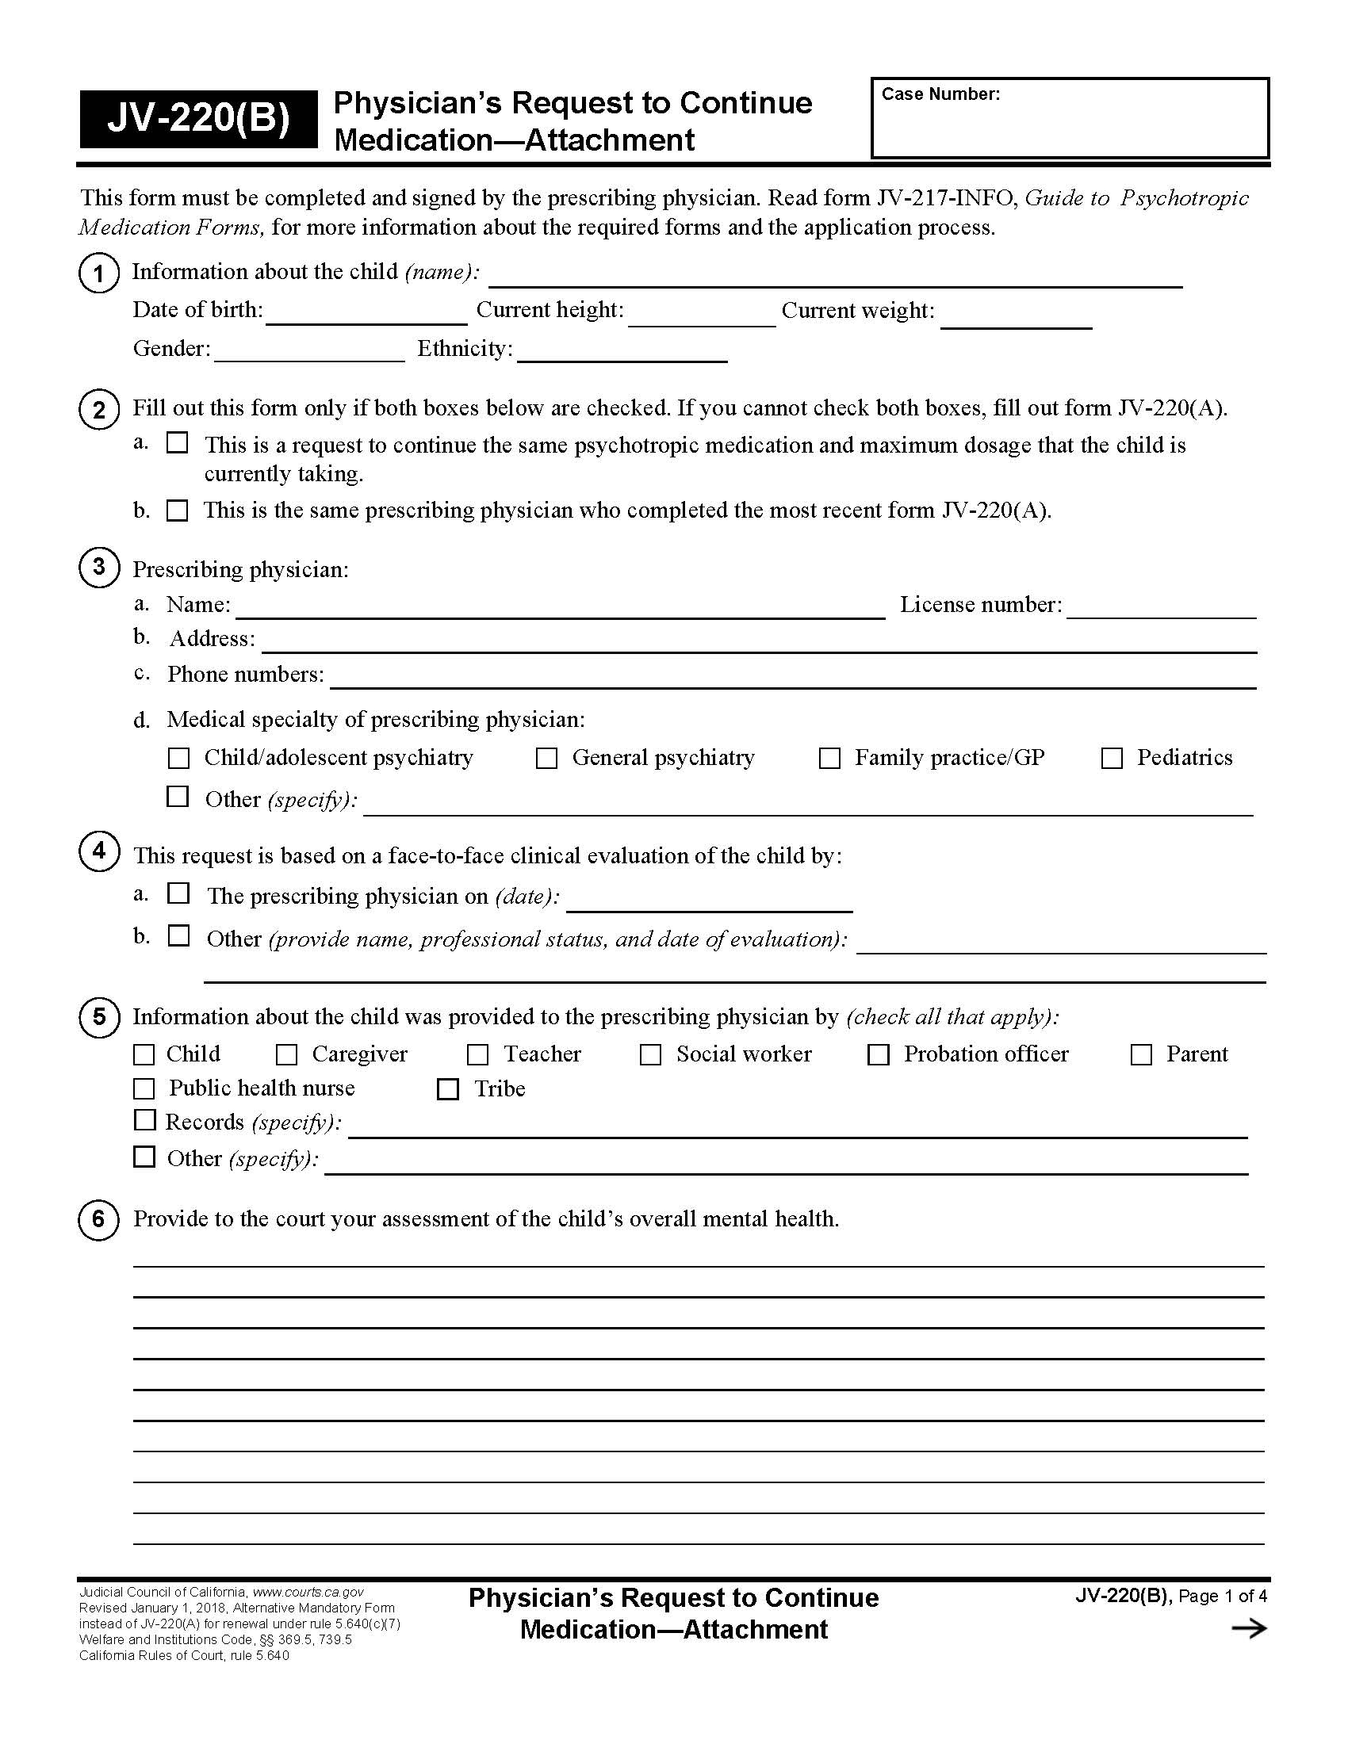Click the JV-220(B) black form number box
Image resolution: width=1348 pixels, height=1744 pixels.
coord(198,119)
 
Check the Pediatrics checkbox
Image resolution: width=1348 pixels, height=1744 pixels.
coord(1112,758)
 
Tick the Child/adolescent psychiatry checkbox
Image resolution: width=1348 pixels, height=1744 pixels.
coord(179,758)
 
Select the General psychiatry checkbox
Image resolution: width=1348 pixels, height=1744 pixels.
coord(546,758)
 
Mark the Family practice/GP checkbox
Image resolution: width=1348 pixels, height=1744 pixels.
coord(829,758)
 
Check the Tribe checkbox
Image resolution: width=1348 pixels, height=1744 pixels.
coord(448,1088)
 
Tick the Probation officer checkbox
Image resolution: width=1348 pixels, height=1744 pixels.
coord(879,1054)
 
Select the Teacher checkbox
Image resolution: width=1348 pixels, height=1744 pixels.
coord(477,1054)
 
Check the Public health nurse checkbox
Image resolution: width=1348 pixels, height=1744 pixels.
coord(144,1088)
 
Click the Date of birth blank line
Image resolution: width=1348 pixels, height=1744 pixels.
coord(366,315)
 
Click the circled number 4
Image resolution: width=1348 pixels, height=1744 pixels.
coord(99,851)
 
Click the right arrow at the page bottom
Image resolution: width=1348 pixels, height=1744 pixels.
coord(1249,1629)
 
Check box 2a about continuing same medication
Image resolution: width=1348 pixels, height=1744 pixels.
coord(178,442)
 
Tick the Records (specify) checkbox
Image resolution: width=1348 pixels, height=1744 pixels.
coord(144,1120)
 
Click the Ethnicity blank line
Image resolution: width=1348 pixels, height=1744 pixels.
coord(622,353)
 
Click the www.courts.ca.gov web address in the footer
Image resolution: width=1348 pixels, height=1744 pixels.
coord(308,1593)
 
